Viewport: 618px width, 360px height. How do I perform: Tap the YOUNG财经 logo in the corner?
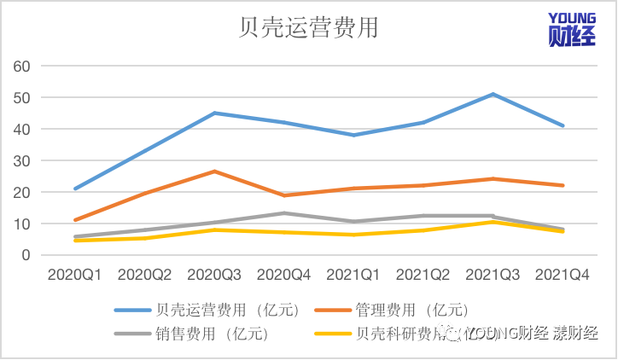point(573,28)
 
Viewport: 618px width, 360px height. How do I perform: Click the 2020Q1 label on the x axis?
point(75,275)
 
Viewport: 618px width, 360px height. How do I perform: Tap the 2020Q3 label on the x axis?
point(214,275)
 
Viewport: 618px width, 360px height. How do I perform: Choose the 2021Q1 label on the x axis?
point(353,275)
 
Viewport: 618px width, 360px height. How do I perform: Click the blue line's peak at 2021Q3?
point(493,94)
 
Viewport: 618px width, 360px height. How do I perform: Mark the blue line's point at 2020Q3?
point(214,113)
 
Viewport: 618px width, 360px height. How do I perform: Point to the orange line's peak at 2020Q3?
point(214,171)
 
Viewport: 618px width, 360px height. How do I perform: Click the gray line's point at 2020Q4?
point(284,213)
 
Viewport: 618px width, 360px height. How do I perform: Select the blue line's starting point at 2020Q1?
point(76,189)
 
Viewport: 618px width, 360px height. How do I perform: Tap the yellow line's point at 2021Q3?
point(493,222)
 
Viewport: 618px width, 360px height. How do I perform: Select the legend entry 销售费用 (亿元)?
point(208,334)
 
